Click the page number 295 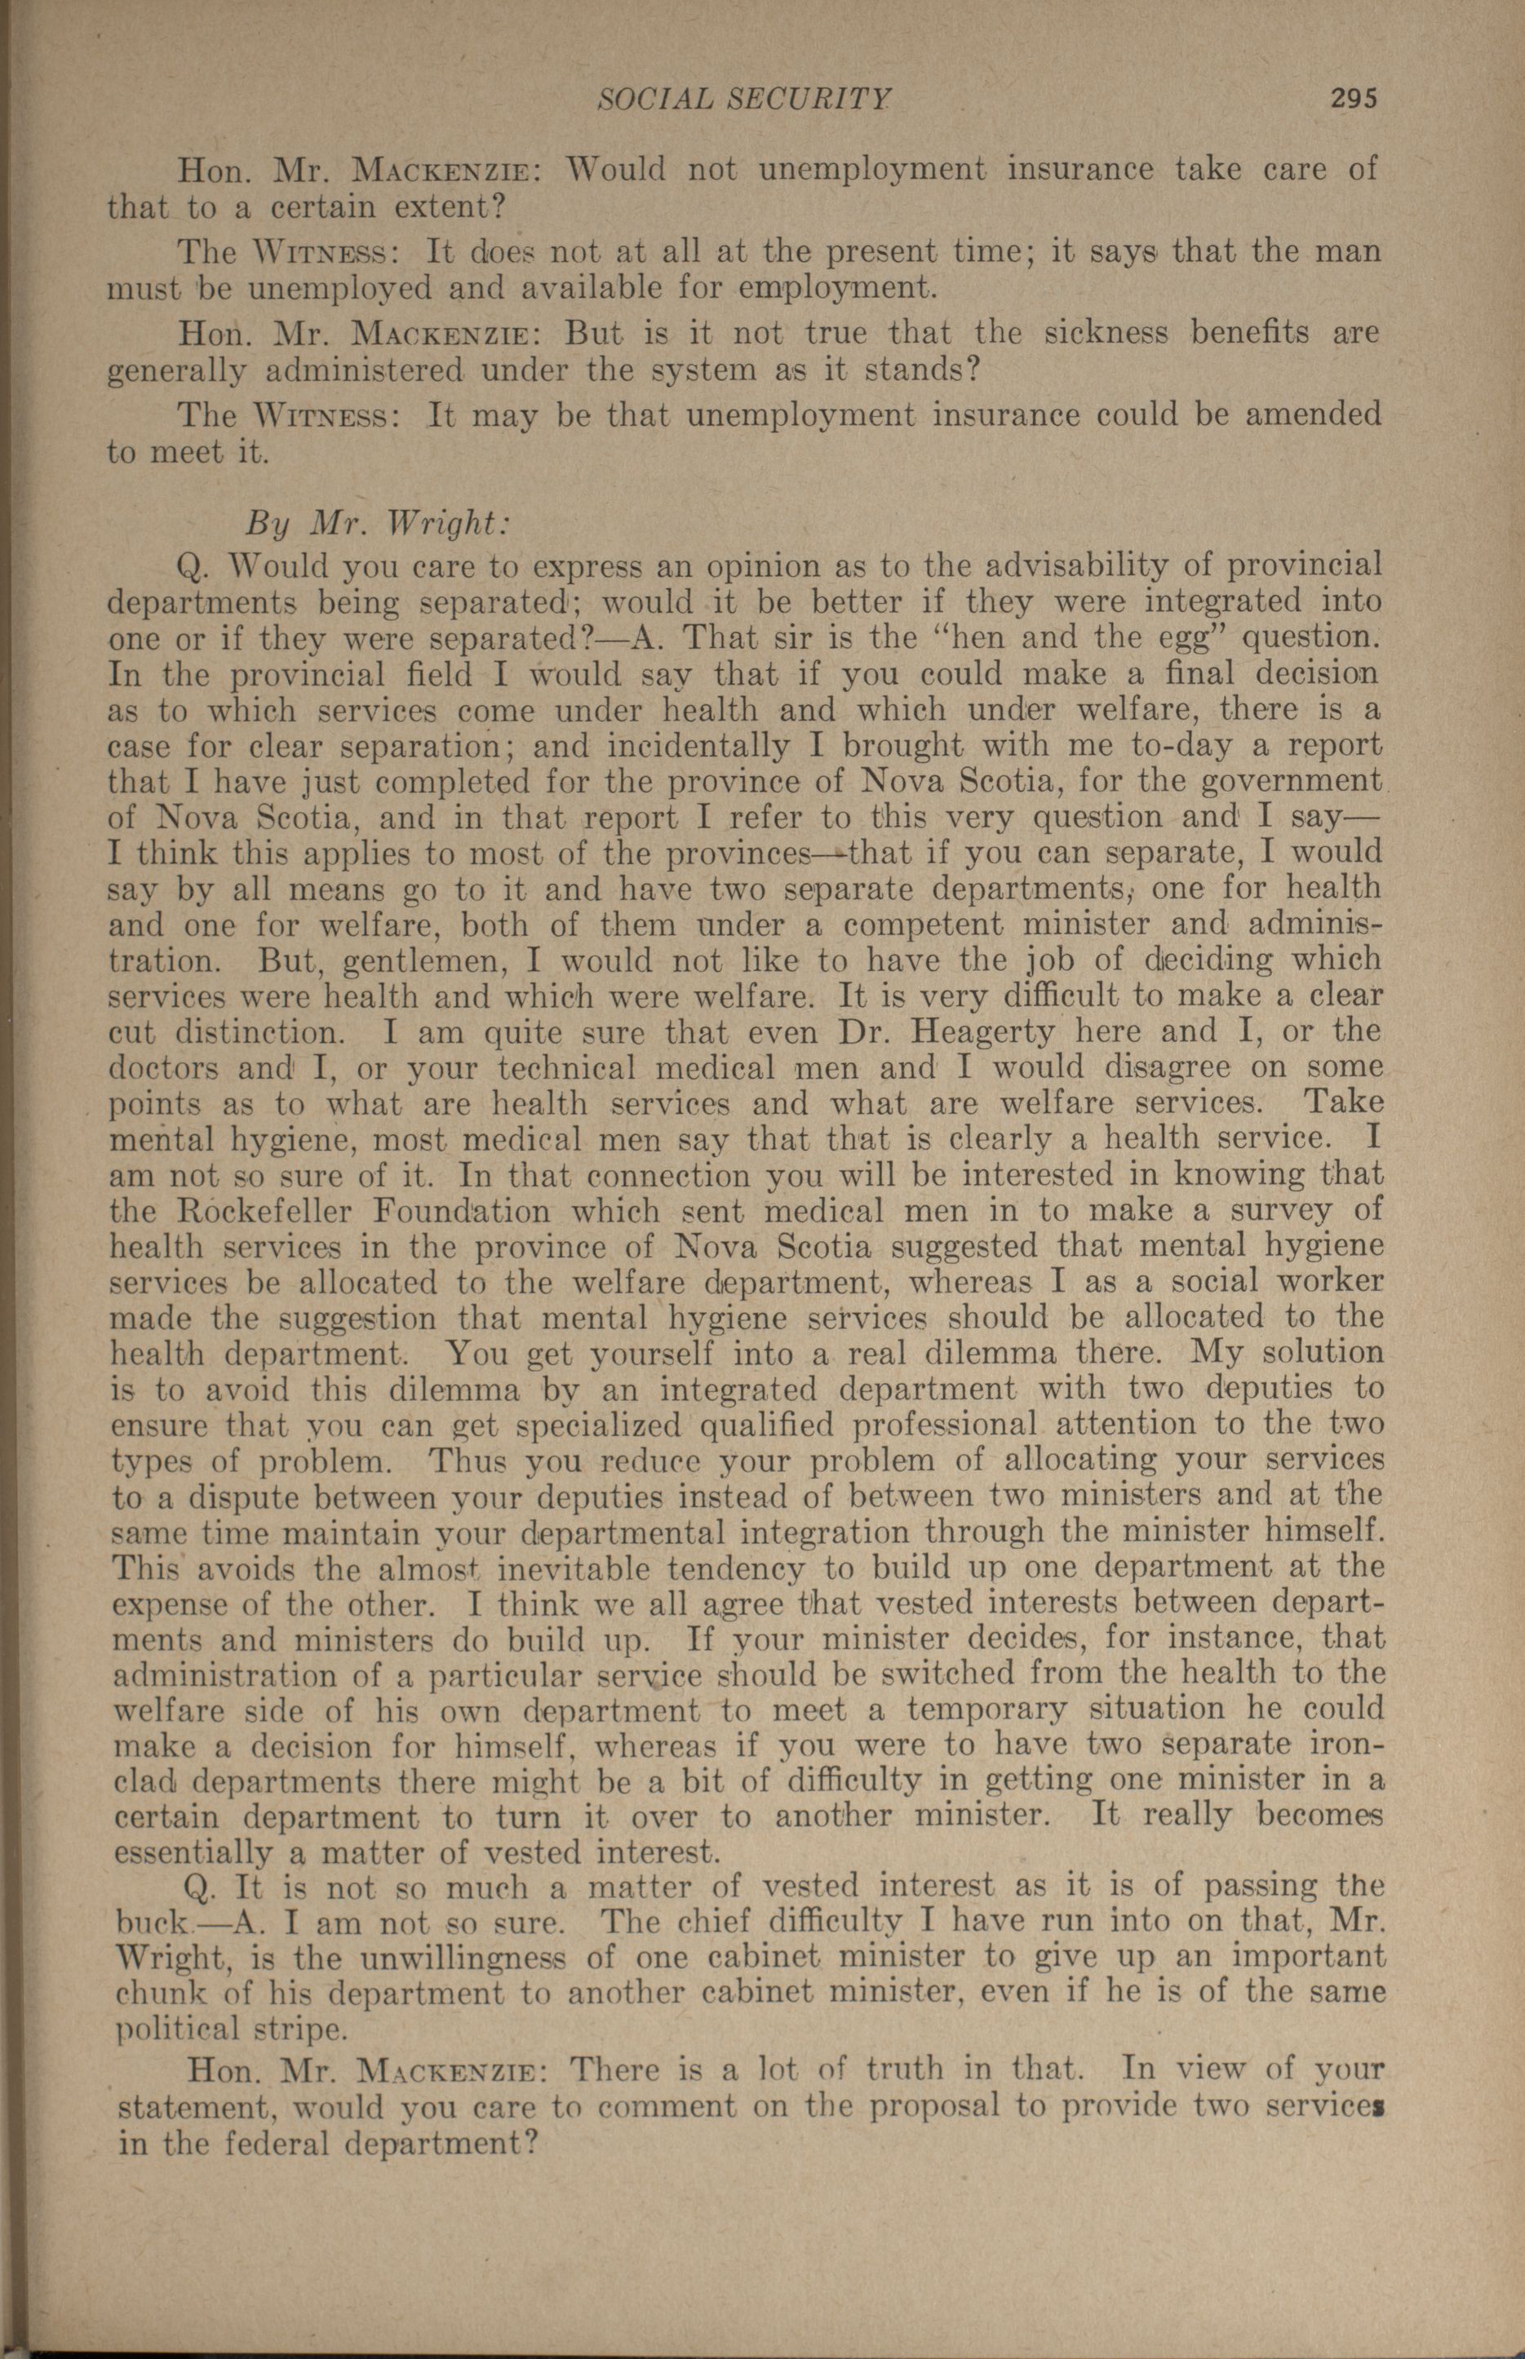tap(1354, 98)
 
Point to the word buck tap(150, 1924)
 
